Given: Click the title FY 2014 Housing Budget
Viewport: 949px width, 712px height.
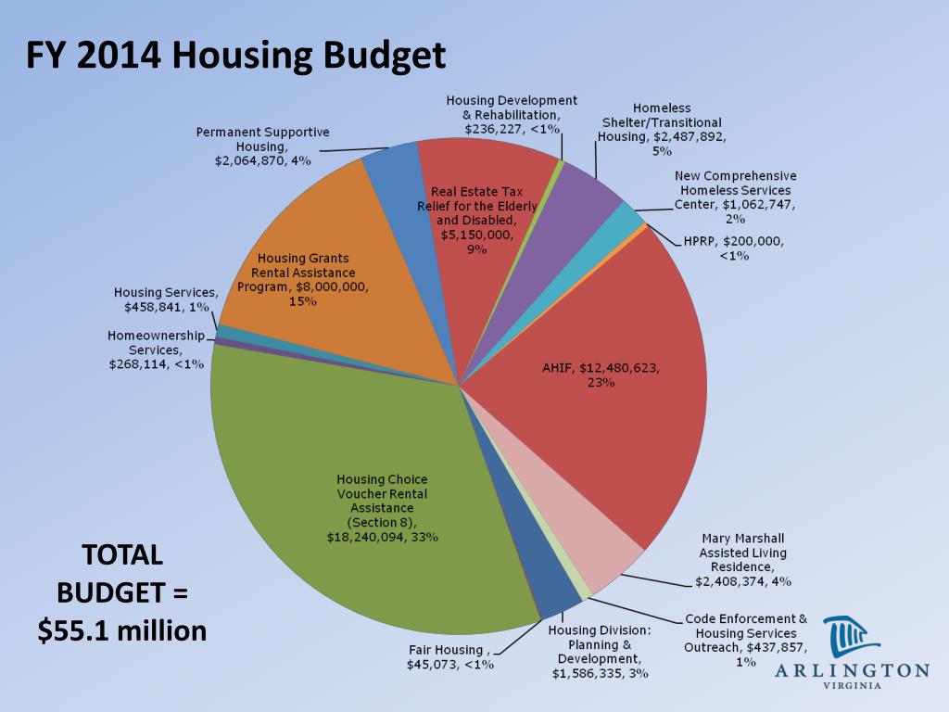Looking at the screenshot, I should tap(235, 57).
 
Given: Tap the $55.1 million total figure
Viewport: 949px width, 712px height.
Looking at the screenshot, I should tap(121, 630).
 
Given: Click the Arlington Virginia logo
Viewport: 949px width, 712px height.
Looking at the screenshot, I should tap(852, 649).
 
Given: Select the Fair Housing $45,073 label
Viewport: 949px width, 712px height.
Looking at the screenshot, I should tap(450, 656).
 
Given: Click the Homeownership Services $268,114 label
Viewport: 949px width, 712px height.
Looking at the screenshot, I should tap(156, 350).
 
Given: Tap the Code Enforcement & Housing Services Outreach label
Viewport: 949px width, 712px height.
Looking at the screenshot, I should tap(746, 639).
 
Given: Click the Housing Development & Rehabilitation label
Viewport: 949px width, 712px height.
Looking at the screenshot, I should tap(512, 114).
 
